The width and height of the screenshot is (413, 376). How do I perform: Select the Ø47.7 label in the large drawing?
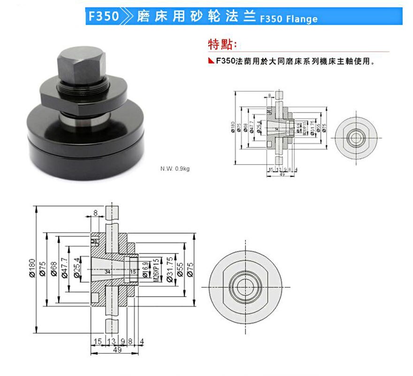[x=65, y=269]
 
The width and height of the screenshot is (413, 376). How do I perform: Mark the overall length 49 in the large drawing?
[x=117, y=349]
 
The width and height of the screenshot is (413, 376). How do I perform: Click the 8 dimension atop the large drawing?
[x=96, y=213]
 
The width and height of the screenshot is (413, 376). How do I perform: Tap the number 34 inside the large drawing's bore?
[x=107, y=272]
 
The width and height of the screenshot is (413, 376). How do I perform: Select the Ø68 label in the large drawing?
[x=54, y=269]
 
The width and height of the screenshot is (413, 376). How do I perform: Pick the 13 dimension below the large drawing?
[x=111, y=341]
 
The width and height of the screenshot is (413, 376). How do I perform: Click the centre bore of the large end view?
[x=245, y=286]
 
